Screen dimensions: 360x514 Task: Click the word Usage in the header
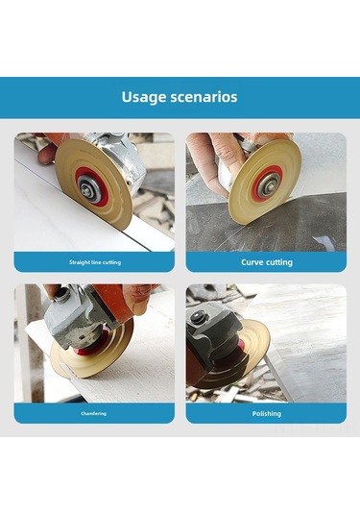tap(144, 97)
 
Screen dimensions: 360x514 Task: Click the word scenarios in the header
tap(204, 97)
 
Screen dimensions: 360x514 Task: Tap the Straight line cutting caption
tap(95, 262)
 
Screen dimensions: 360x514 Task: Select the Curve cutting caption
tap(267, 262)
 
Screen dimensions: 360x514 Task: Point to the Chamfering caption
tap(94, 413)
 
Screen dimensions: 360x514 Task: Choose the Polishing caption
tap(267, 414)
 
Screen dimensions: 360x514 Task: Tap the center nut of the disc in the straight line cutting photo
tap(85, 189)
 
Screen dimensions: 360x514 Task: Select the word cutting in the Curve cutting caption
tap(277, 262)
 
